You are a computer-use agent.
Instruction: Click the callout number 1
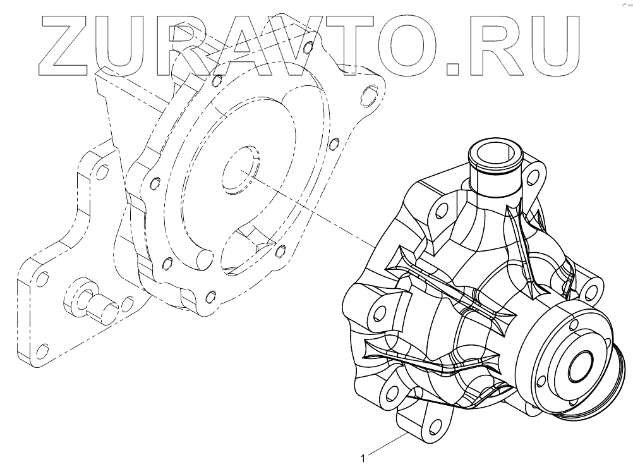click(363, 458)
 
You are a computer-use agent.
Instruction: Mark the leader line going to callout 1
click(388, 444)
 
